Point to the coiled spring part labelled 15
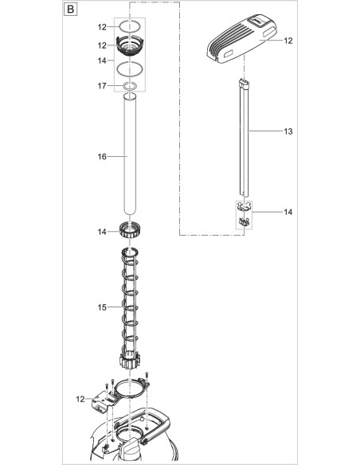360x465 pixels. point(130,311)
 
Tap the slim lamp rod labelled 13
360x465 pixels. point(245,139)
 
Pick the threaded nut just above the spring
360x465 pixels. point(130,232)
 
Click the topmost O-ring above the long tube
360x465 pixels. point(130,27)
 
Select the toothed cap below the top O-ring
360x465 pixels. point(130,45)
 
